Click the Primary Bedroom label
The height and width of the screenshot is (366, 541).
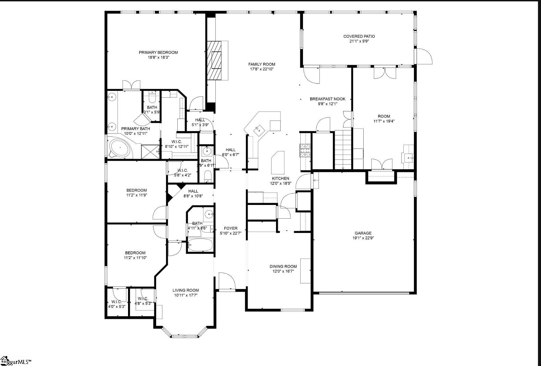[x=158, y=52]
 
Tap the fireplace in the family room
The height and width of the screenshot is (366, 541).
[x=217, y=61]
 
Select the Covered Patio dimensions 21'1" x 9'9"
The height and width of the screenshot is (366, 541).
[x=359, y=41]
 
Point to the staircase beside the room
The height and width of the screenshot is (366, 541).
[x=343, y=150]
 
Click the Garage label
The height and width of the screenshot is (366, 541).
[x=363, y=233]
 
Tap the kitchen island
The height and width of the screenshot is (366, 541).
[x=277, y=162]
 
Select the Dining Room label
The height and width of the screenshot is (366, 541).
[x=283, y=266]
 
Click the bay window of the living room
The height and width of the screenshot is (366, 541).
[x=185, y=334]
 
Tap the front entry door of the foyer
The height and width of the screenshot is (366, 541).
[x=226, y=282]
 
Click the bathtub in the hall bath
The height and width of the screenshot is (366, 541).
[x=200, y=245]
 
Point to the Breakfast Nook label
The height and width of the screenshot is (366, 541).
[x=327, y=99]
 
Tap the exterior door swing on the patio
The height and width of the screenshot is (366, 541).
[x=424, y=57]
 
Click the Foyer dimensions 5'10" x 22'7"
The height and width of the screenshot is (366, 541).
[x=230, y=233]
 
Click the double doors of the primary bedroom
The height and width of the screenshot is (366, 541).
[x=131, y=85]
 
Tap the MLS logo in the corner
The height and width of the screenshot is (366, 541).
[x=15, y=361]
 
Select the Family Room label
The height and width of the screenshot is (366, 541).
[x=262, y=64]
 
